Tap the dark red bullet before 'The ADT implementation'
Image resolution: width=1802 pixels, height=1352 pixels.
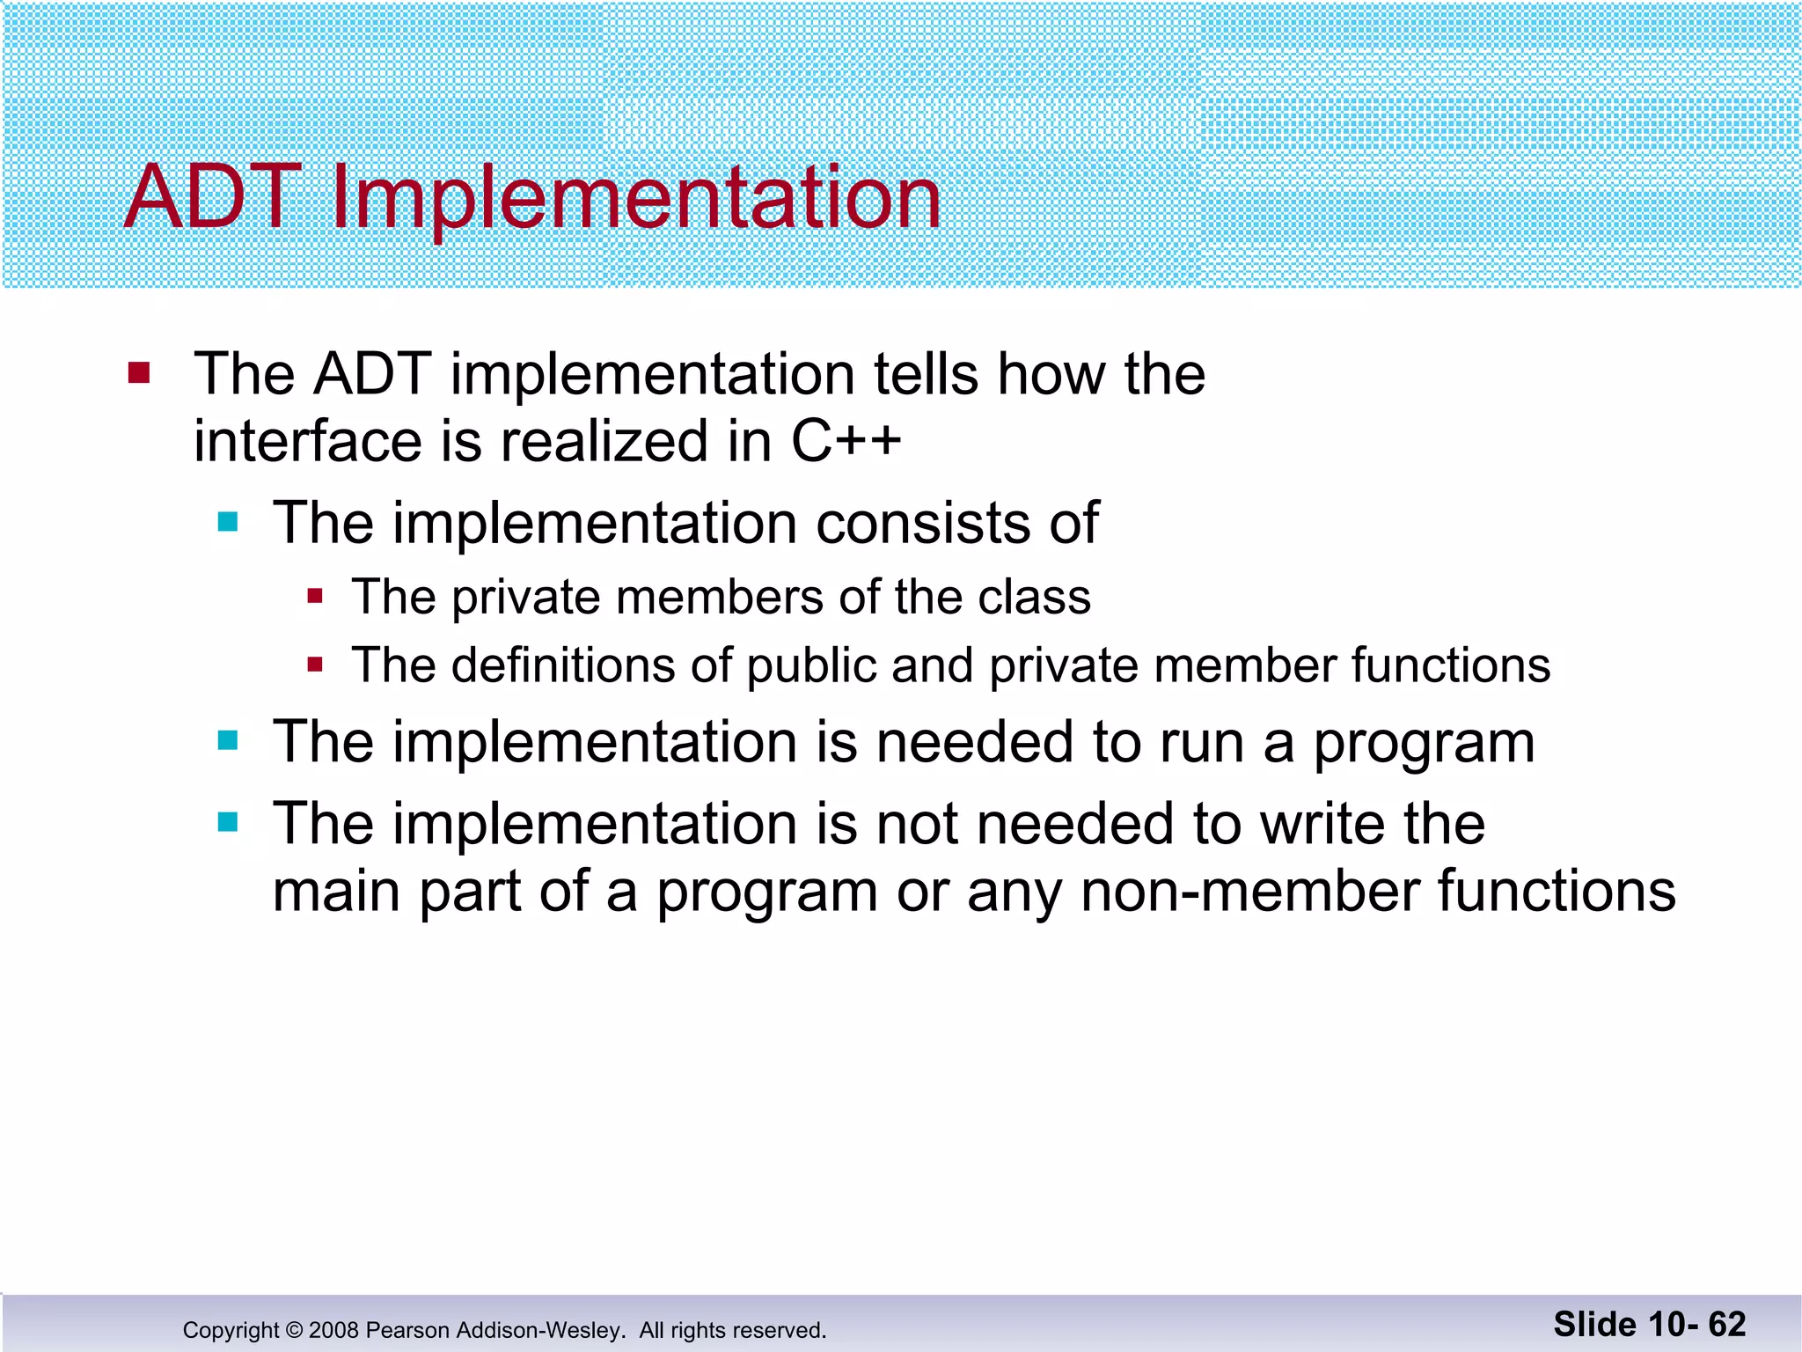click(x=139, y=373)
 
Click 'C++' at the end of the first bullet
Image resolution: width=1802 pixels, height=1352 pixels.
click(x=846, y=442)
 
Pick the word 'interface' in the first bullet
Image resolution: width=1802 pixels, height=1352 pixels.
click(x=305, y=442)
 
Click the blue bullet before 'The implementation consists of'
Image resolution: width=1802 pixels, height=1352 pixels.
click(x=228, y=523)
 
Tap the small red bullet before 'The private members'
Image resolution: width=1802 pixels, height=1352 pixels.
click(x=315, y=598)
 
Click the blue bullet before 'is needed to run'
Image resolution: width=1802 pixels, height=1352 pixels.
click(x=228, y=741)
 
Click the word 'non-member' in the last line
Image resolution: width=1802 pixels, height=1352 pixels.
click(x=1249, y=893)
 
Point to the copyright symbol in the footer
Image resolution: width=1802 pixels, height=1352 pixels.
click(x=294, y=1330)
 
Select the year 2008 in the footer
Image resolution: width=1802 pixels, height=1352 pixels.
click(x=333, y=1330)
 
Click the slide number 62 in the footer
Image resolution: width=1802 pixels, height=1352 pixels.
click(x=1726, y=1325)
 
